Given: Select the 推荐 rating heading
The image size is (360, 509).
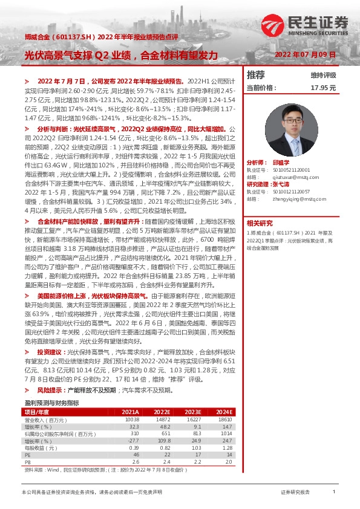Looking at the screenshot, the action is (x=256, y=75).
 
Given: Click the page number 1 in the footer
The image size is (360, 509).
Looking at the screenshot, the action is (x=334, y=493).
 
